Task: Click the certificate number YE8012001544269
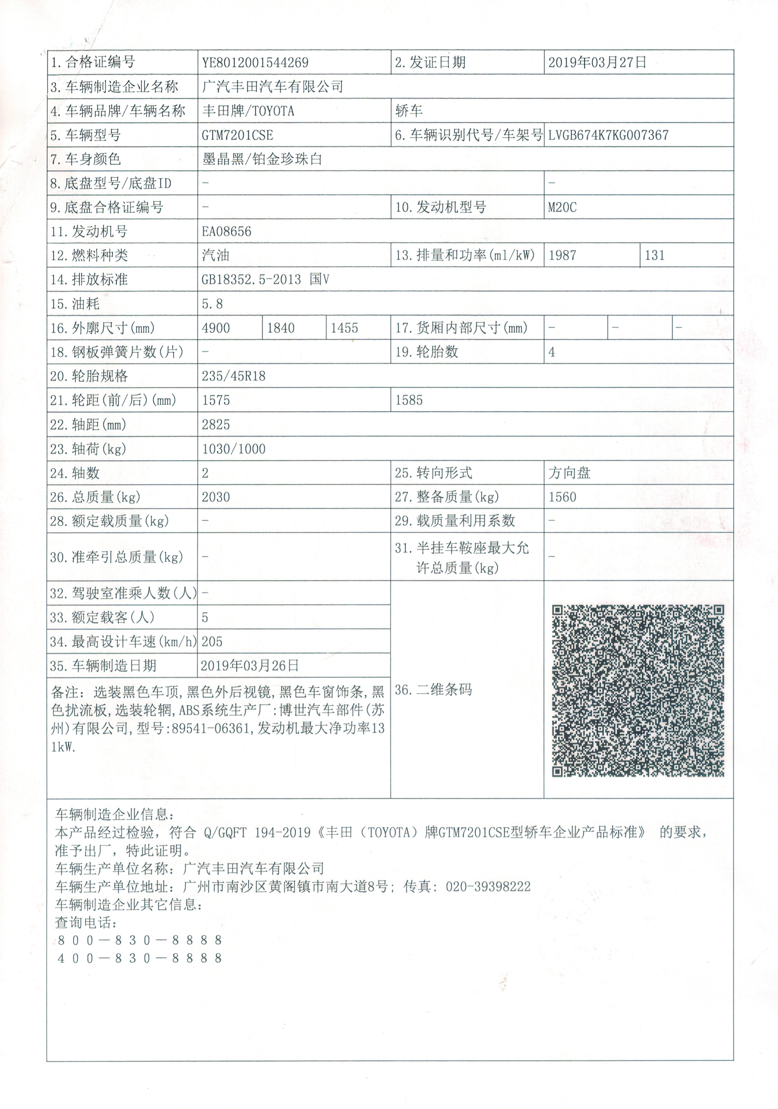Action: (255, 62)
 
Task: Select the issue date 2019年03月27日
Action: (597, 62)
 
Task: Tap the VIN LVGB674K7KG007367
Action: (608, 135)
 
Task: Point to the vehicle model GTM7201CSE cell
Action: (237, 135)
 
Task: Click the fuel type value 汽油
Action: (215, 256)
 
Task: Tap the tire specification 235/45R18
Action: (233, 376)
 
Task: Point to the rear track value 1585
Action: (409, 401)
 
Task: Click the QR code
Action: (638, 691)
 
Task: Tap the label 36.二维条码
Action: (433, 690)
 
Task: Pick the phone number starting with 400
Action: (140, 958)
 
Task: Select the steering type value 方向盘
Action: (569, 473)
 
